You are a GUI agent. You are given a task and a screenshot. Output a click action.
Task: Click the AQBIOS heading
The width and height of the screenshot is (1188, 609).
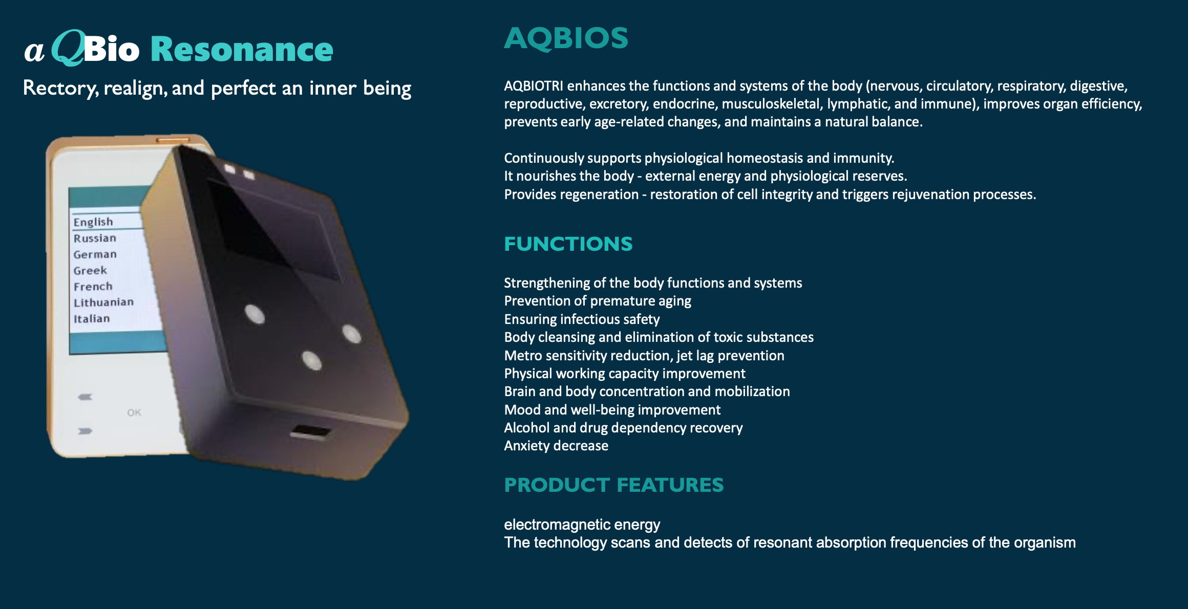[566, 38]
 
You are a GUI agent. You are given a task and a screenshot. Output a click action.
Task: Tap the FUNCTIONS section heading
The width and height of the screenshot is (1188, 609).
[568, 244]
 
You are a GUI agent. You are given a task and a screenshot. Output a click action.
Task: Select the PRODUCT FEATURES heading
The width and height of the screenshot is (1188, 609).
[614, 485]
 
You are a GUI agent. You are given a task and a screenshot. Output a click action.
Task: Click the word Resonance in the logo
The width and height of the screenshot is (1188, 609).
[242, 50]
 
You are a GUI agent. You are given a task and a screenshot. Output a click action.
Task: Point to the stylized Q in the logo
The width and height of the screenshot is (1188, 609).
[68, 48]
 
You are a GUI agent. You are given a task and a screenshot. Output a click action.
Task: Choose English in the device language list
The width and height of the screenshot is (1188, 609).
[93, 222]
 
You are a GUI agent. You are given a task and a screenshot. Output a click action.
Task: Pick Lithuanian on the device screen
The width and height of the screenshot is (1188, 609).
[103, 302]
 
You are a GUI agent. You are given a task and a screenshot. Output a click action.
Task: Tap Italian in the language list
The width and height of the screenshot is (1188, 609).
[92, 318]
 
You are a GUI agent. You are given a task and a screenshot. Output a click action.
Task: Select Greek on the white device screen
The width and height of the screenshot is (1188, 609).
[90, 270]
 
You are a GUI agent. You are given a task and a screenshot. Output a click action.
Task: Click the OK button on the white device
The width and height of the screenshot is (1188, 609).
[134, 412]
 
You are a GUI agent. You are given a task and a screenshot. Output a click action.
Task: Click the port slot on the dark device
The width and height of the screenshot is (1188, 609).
[311, 432]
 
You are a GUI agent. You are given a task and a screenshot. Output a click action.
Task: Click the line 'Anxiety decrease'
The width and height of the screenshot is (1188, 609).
[556, 446]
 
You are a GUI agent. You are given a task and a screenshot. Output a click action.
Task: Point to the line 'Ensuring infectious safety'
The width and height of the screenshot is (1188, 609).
[582, 319]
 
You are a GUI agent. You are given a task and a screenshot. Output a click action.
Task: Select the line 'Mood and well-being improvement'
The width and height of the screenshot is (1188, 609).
[612, 410]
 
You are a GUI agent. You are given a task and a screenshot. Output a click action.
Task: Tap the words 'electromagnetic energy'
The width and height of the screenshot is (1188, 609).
[582, 525]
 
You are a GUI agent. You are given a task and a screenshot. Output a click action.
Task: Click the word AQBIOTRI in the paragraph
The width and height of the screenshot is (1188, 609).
[534, 86]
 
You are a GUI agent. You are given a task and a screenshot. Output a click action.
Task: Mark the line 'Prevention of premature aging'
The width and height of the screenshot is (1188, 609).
[598, 301]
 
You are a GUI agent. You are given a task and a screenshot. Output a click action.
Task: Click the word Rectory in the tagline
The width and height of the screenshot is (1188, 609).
[60, 88]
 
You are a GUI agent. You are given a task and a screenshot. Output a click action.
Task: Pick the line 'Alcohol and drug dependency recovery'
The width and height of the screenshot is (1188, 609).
[623, 428]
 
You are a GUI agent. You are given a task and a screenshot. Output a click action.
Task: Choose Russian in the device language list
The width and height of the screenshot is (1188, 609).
[95, 238]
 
